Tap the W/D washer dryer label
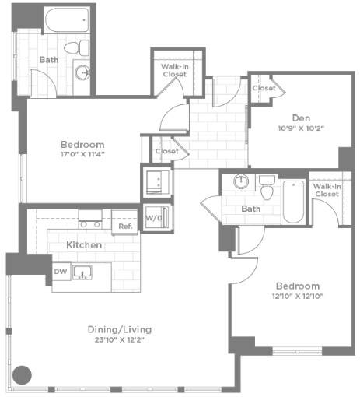[153, 217]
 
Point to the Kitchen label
[84, 244]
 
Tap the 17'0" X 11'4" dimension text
[82, 154]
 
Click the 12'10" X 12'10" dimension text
[297, 297]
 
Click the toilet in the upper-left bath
[73, 48]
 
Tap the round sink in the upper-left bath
[82, 73]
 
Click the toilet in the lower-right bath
[267, 188]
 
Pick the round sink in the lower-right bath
[242, 183]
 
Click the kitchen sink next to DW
[82, 272]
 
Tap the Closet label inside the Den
[264, 89]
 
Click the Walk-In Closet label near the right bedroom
[326, 190]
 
